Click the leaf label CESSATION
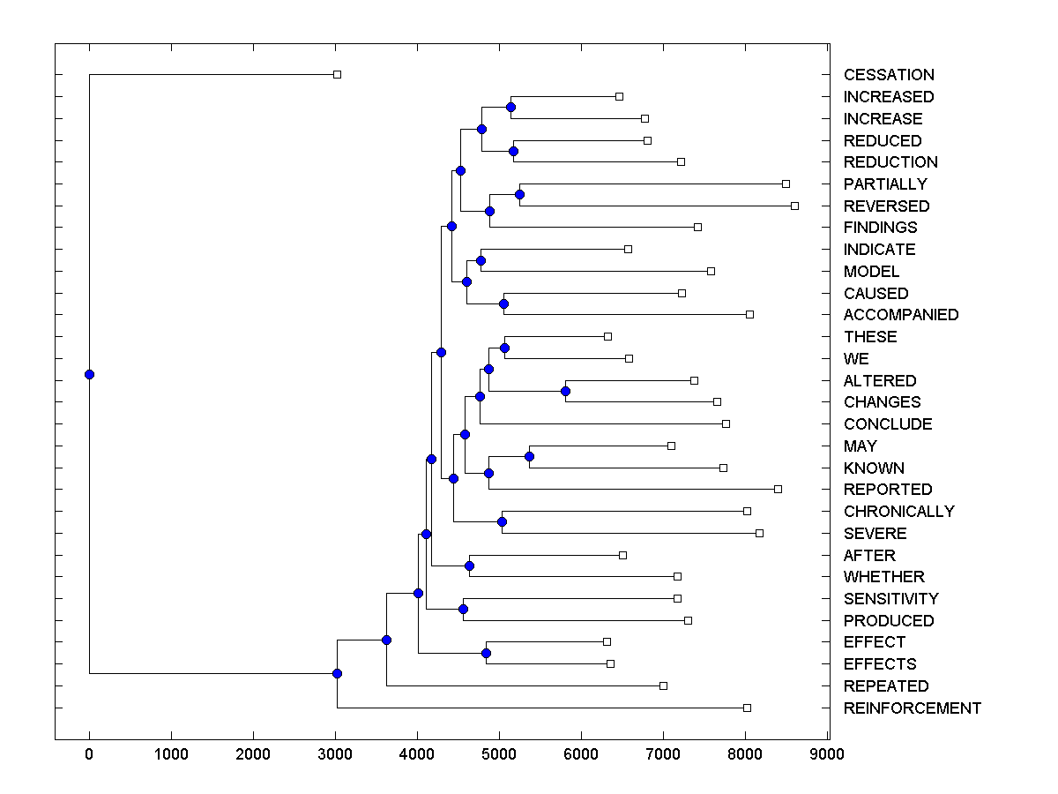pyautogui.click(x=889, y=75)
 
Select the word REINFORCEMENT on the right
pyautogui.click(x=912, y=708)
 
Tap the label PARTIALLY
pyautogui.click(x=885, y=184)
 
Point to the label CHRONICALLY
pyautogui.click(x=898, y=512)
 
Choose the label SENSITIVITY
pyautogui.click(x=890, y=599)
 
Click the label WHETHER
pyautogui.click(x=883, y=577)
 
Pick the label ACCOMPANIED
pyautogui.click(x=900, y=315)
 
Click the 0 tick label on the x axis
pyautogui.click(x=89, y=754)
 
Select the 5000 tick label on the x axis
pyautogui.click(x=499, y=754)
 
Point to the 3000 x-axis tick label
pyautogui.click(x=335, y=754)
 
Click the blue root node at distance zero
pyautogui.click(x=89, y=374)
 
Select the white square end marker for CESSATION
pyautogui.click(x=337, y=75)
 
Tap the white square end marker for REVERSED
pyautogui.click(x=794, y=206)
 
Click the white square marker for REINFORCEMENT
pyautogui.click(x=747, y=708)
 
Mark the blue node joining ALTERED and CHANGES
pyautogui.click(x=566, y=391)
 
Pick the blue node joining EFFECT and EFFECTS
pyautogui.click(x=486, y=653)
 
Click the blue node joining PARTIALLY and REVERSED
pyautogui.click(x=520, y=194)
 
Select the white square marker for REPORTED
pyautogui.click(x=778, y=489)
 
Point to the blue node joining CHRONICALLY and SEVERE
pyautogui.click(x=502, y=521)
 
